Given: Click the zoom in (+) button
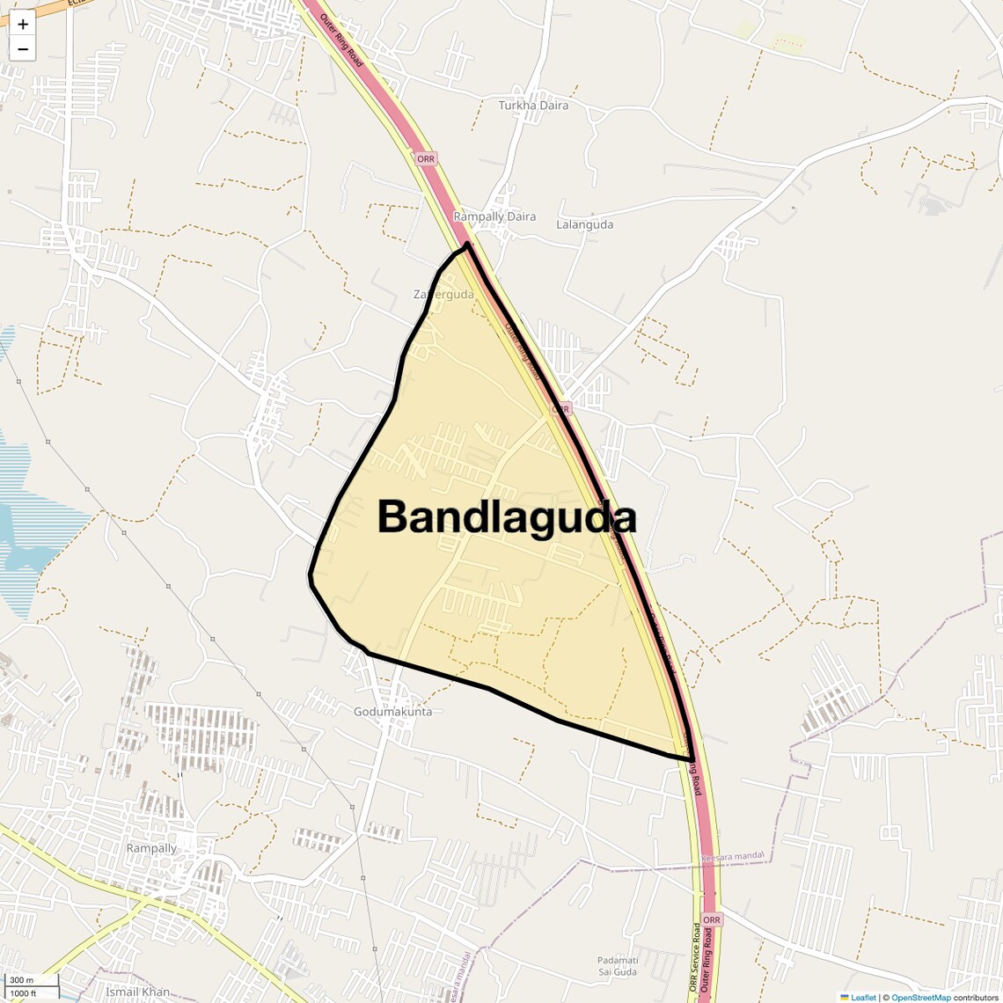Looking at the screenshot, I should [x=23, y=25].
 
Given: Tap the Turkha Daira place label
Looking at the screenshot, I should [x=533, y=106].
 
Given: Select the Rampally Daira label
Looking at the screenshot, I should [x=494, y=216].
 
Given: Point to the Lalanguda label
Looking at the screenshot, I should [x=584, y=224].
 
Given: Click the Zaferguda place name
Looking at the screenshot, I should [x=443, y=294].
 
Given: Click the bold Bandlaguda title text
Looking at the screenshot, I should [x=506, y=517].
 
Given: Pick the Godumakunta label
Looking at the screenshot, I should [x=392, y=712].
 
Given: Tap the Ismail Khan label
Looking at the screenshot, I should [x=137, y=992].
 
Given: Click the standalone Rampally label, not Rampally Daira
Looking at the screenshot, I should [x=151, y=848].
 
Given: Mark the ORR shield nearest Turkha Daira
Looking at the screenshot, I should [x=426, y=159].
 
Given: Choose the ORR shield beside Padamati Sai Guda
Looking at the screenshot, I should [x=711, y=919].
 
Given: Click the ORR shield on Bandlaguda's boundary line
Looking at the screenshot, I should [x=561, y=409].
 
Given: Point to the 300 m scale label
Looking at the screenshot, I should [x=21, y=980].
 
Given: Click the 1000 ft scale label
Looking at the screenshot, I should [x=24, y=993].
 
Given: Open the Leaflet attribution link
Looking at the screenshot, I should [x=862, y=997].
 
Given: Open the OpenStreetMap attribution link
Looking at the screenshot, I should [x=920, y=997].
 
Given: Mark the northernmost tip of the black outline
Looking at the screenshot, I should [x=468, y=244].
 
